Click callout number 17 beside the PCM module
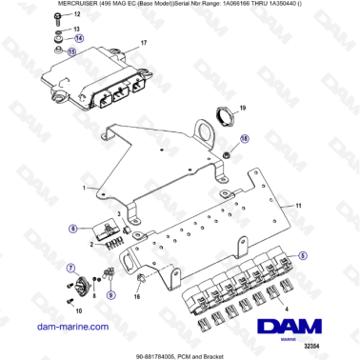click(x=144, y=45)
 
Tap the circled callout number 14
click(x=79, y=38)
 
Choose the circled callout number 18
click(x=244, y=138)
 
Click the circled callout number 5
click(x=304, y=256)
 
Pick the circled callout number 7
click(x=70, y=270)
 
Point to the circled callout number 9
click(x=108, y=294)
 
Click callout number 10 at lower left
click(x=78, y=310)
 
